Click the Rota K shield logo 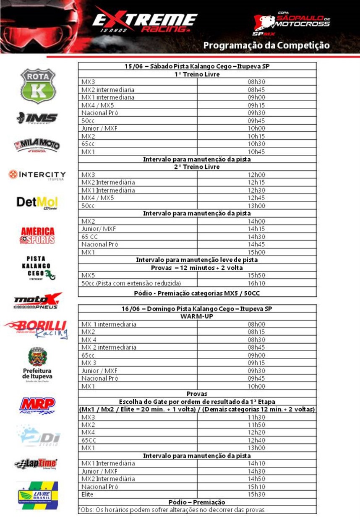click(38, 85)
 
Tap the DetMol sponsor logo click(37, 203)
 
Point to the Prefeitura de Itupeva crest click(37, 357)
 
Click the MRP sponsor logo click(37, 405)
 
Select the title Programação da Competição click(266, 45)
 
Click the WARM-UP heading click(197, 316)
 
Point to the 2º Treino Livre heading click(197, 167)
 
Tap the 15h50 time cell click(256, 275)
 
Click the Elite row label click(88, 494)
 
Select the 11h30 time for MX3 click(256, 417)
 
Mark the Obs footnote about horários click(172, 510)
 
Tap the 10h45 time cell click(256, 152)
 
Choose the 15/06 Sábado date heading click(197, 66)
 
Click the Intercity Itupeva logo click(37, 175)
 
